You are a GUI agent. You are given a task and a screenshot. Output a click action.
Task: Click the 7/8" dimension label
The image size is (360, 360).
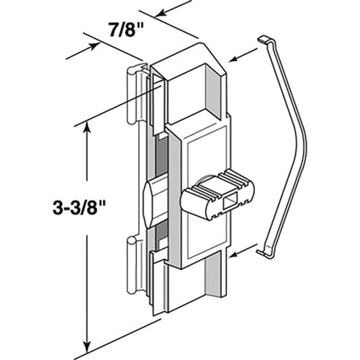click(x=126, y=30)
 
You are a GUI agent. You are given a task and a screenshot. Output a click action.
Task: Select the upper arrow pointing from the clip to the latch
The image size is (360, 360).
click(x=243, y=55)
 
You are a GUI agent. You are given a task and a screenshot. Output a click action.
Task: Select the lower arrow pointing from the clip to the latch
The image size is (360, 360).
click(x=243, y=251)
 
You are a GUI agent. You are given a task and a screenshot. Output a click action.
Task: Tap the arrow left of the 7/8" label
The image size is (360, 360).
click(x=83, y=50)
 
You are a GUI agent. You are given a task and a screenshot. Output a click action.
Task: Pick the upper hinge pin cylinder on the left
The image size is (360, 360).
click(x=131, y=95)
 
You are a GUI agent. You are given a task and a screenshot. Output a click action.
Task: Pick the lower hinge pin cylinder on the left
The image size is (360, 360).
click(x=131, y=266)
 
